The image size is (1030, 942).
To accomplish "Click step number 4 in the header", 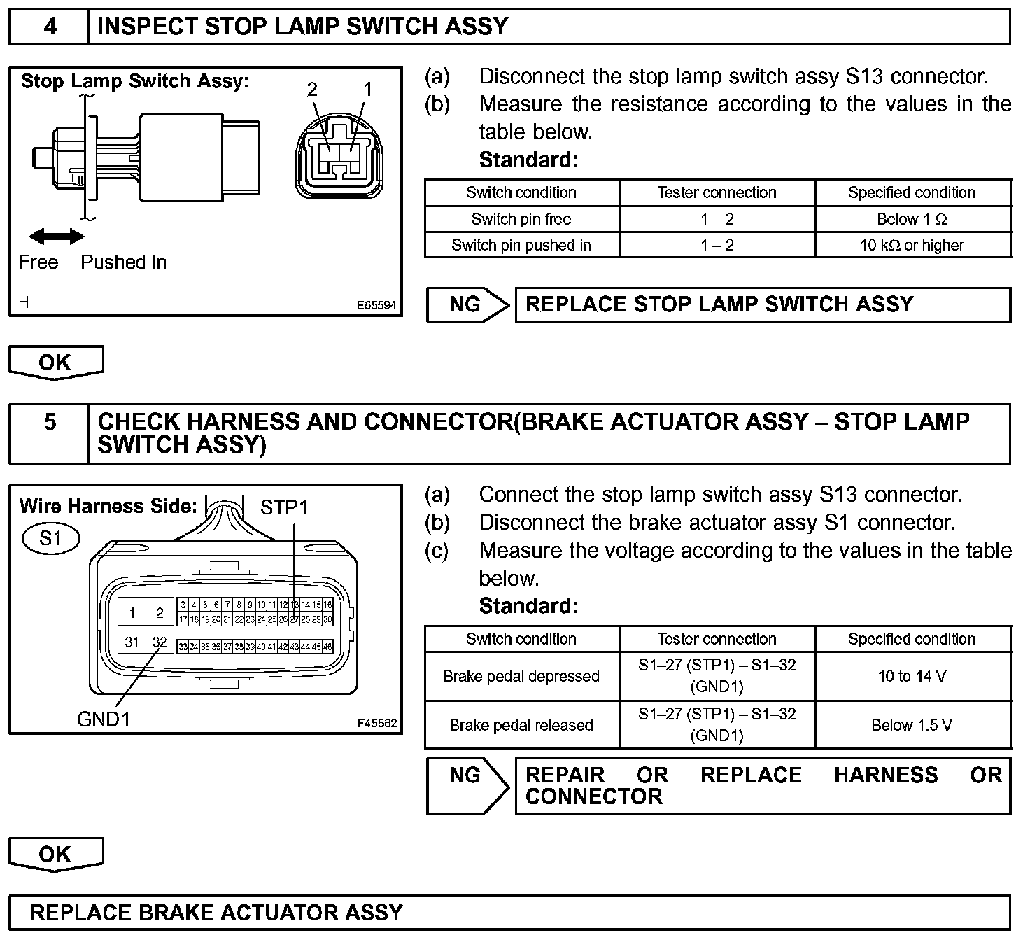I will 50,27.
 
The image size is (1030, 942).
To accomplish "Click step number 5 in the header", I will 50,422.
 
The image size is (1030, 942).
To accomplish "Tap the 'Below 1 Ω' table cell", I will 912,219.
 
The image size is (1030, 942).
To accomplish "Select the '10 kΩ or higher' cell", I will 912,245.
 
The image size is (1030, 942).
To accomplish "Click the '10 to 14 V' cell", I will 912,676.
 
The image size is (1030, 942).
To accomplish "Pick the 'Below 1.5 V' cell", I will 912,725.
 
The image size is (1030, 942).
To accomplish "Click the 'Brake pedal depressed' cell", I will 521,676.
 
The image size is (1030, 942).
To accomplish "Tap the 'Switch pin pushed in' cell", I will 521,245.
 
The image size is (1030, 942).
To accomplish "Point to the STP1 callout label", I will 283,507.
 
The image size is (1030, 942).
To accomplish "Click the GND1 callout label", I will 104,719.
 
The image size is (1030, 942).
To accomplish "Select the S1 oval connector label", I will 51,538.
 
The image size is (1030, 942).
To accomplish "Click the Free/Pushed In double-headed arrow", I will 57,237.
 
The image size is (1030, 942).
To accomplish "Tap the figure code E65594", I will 376,305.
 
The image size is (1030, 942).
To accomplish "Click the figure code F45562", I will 376,723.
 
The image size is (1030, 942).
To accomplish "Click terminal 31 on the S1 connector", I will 132,641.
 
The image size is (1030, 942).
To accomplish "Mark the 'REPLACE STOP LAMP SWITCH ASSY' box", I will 763,304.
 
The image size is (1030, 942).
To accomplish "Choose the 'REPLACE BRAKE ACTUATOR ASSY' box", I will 509,913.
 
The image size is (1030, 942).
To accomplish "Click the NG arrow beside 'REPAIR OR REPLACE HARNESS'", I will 467,785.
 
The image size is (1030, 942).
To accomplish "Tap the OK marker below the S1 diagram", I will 55,854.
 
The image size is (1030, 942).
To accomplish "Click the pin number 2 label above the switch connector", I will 312,89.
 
